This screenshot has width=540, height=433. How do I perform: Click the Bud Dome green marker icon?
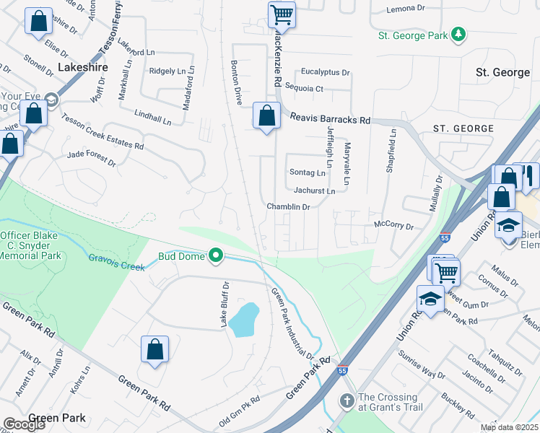(x=215, y=255)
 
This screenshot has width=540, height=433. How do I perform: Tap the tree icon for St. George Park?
(x=457, y=35)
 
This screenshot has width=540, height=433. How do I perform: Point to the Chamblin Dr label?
(x=288, y=206)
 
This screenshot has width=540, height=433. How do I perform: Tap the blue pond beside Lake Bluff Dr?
(x=245, y=318)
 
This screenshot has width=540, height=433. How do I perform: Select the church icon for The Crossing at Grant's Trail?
(x=347, y=401)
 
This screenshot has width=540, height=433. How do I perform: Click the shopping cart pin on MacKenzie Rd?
(x=282, y=14)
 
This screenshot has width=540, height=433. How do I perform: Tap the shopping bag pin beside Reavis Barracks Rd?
(x=266, y=115)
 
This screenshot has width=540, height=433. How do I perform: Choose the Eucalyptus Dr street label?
(x=325, y=72)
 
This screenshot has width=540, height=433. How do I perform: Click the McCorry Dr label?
(x=393, y=226)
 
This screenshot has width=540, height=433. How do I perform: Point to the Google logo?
(x=24, y=424)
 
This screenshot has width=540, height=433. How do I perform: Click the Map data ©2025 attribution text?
(x=509, y=427)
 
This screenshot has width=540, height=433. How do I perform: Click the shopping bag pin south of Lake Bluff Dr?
(x=154, y=349)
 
